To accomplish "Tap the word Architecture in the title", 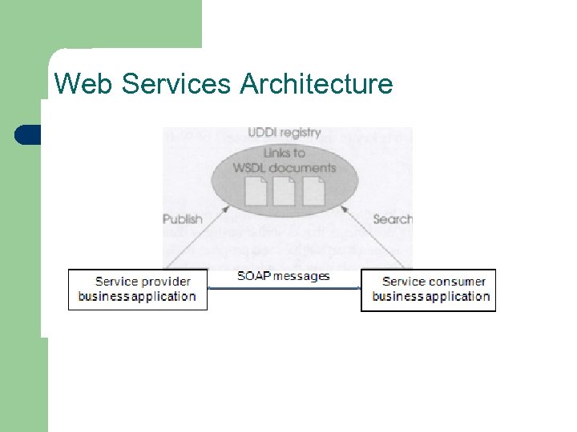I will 317,83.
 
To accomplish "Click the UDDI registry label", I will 284,133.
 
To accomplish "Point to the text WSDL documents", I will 284,167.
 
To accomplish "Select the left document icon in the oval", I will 256,191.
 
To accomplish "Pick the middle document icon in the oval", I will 284,191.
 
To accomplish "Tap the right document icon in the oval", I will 313,191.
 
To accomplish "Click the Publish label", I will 183,219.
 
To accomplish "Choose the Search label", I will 392,219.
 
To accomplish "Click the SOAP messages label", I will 284,276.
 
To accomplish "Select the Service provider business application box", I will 137,290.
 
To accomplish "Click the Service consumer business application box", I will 429,290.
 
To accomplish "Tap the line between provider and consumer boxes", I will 284,287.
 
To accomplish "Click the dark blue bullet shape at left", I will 28,134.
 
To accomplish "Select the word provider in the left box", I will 165,282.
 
